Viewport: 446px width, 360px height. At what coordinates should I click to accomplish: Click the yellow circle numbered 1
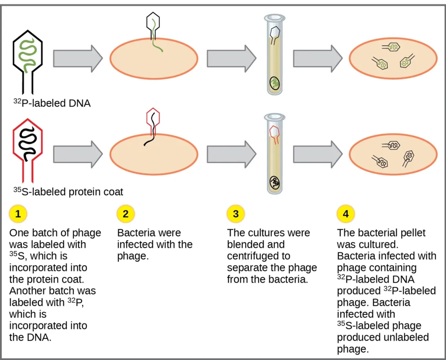pos(18,213)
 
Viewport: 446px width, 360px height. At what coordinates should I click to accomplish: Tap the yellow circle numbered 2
pos(126,213)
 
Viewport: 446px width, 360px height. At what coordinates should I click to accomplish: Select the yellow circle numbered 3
pos(235,213)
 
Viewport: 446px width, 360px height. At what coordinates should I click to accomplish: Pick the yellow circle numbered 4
pos(345,213)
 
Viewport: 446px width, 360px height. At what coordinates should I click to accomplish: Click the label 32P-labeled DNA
pos(52,103)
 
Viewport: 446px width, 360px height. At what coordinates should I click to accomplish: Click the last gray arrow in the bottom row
pos(318,153)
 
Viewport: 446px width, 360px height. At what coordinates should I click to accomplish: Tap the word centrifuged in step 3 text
pos(251,256)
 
